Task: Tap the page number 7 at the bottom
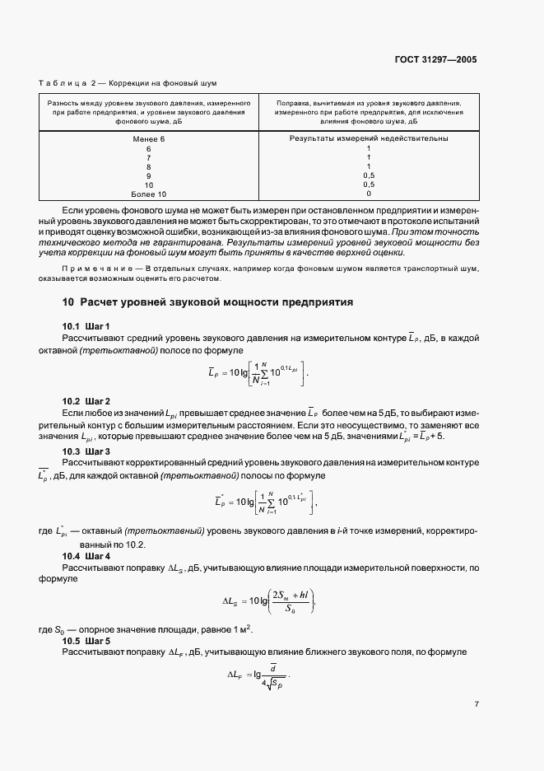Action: tap(476, 704)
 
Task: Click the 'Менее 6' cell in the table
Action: tap(149, 138)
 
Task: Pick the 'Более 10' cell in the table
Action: tap(149, 194)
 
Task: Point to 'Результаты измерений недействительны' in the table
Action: tap(369, 138)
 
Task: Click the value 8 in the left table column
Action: tap(149, 166)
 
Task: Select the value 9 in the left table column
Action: tap(149, 175)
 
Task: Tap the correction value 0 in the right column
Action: tap(369, 194)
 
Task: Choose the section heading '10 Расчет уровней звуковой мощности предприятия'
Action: tap(207, 302)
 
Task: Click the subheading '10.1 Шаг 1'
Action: tap(86, 327)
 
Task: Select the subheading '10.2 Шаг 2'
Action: tap(86, 400)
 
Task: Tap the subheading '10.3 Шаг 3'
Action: tap(86, 452)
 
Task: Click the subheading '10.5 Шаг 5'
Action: tap(86, 640)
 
